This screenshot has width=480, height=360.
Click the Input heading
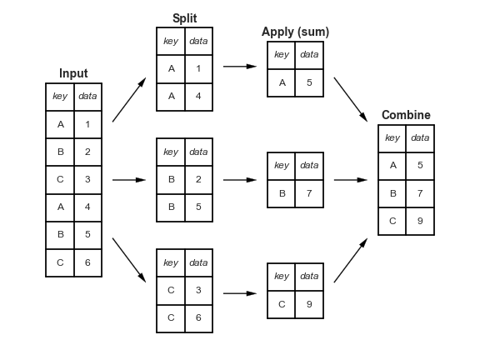tap(73, 73)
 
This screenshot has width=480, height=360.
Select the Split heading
tap(185, 18)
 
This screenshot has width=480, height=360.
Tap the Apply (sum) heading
tap(295, 32)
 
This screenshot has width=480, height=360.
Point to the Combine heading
tap(406, 115)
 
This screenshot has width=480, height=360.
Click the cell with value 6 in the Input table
tap(87, 262)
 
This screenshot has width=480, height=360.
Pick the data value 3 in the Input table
tap(87, 179)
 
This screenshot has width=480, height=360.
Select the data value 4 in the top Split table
tap(198, 96)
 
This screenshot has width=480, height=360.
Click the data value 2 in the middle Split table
tap(198, 179)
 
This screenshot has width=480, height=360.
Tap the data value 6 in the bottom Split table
tap(198, 317)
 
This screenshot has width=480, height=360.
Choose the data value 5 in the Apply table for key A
tap(309, 82)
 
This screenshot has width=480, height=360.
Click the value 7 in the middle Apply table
tap(309, 193)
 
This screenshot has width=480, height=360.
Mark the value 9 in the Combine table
tap(420, 221)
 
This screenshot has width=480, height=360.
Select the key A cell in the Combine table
tap(392, 165)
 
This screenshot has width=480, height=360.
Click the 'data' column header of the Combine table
tap(420, 137)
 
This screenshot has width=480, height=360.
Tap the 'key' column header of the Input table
tap(60, 96)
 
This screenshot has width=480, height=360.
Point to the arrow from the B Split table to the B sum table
tap(240, 179)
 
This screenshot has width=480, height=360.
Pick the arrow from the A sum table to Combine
tap(351, 99)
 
